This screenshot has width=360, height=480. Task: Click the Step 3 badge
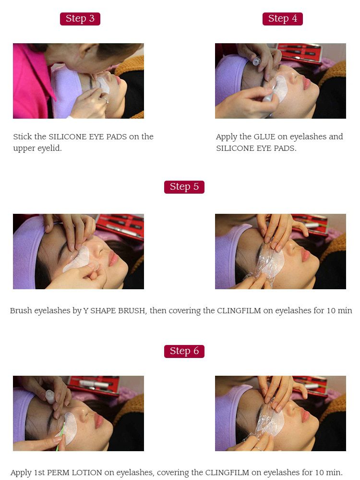click(80, 19)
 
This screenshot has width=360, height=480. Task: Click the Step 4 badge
click(282, 19)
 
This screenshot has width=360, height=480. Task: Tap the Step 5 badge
click(184, 187)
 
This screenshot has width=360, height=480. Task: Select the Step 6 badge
click(184, 351)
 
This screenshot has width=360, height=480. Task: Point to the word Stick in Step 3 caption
click(23, 136)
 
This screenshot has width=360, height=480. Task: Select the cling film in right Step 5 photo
click(269, 262)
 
